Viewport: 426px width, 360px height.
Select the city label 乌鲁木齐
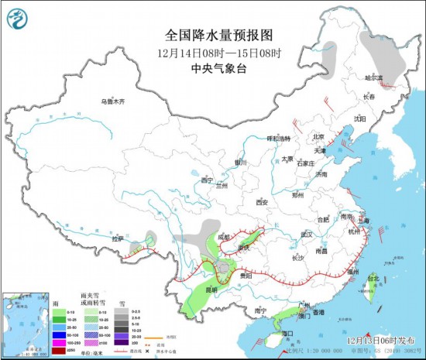(x=112, y=102)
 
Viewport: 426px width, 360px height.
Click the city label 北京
(x=317, y=137)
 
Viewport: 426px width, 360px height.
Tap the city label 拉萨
(x=118, y=239)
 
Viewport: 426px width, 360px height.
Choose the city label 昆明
(x=200, y=290)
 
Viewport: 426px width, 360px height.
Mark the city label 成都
(x=225, y=237)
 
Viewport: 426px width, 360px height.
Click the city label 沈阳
(x=359, y=118)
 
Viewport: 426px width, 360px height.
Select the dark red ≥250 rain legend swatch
(x=58, y=350)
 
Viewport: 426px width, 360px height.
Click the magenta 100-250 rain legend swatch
(x=58, y=341)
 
